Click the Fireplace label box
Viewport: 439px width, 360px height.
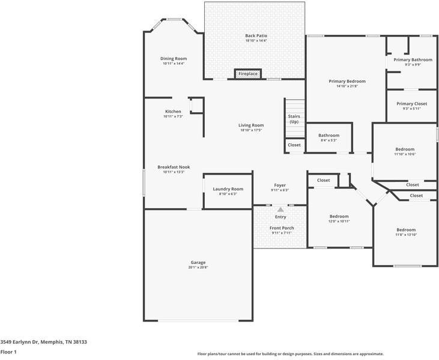pos(247,74)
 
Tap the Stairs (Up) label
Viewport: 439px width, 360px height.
pos(294,119)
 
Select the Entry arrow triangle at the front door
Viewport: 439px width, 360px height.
pos(280,209)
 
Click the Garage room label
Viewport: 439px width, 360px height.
pos(198,262)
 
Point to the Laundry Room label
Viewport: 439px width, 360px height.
pos(228,189)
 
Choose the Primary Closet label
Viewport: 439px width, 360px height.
pos(412,104)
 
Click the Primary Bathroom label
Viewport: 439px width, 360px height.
pos(413,60)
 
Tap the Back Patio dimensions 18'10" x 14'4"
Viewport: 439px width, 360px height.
pos(256,41)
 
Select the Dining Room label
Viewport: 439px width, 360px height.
pos(174,59)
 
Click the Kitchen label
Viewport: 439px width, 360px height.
pos(173,112)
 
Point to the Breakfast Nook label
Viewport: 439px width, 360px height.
pos(174,167)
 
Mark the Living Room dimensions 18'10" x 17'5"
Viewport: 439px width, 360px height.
pos(252,130)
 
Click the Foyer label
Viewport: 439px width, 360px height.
pos(280,185)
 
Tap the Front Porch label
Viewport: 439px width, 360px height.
pos(280,228)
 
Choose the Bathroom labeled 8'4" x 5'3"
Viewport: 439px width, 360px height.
pos(328,140)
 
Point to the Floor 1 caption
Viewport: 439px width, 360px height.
pos(8,352)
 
